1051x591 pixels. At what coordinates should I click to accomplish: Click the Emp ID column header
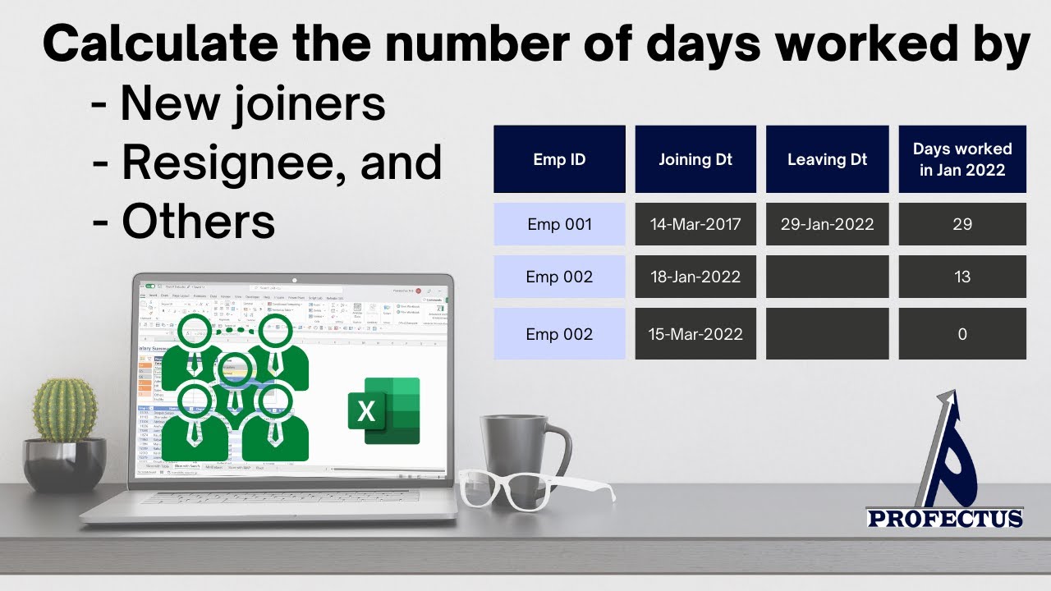[559, 159]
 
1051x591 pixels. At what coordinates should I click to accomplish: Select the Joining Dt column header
[695, 159]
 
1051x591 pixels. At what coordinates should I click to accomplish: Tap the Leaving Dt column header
[827, 159]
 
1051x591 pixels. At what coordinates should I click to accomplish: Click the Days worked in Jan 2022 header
[962, 159]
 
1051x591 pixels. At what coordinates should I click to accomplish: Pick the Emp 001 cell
[559, 224]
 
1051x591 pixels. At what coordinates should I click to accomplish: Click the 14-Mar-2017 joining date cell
[695, 224]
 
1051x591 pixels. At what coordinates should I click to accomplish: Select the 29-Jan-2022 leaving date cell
[827, 224]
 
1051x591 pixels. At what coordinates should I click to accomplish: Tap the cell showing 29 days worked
[962, 224]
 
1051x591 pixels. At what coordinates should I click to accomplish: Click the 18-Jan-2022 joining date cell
[695, 277]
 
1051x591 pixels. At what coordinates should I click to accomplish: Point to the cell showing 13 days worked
[962, 277]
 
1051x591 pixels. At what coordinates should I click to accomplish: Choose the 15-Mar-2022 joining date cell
[695, 334]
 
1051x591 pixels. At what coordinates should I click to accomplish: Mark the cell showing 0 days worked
[962, 334]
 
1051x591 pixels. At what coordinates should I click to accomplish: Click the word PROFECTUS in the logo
[945, 518]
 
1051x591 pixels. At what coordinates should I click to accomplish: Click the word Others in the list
[198, 221]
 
